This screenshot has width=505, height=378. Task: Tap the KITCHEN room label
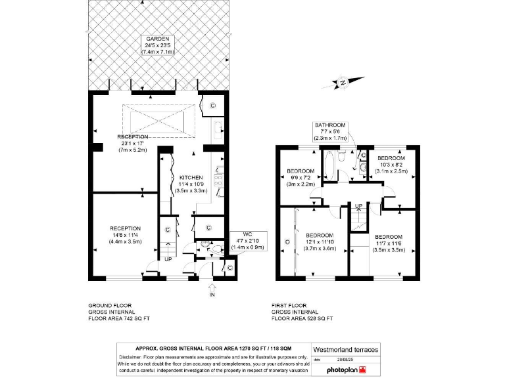point(191,177)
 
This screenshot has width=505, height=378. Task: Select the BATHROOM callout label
point(329,125)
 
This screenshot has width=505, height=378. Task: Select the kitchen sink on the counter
point(219,131)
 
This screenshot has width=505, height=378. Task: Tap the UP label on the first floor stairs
point(358,206)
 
